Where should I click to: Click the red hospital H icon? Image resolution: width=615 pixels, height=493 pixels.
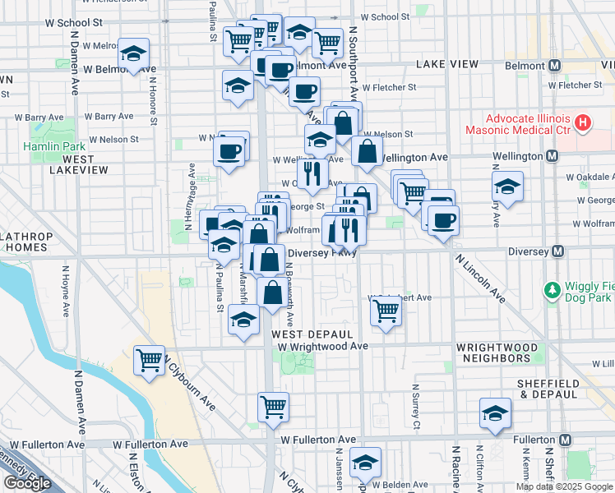[x=583, y=124]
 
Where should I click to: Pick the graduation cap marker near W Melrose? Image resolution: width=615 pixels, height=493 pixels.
[x=132, y=53]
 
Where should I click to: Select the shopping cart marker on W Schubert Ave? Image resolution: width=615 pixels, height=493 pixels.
[x=385, y=311]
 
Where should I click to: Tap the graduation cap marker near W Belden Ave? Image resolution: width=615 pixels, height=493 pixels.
[x=364, y=463]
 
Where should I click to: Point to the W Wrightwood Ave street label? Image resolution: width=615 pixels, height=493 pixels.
[x=322, y=347]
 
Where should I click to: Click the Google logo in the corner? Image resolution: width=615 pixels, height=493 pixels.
[x=27, y=483]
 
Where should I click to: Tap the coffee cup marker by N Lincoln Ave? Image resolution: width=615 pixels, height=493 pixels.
[x=443, y=220]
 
